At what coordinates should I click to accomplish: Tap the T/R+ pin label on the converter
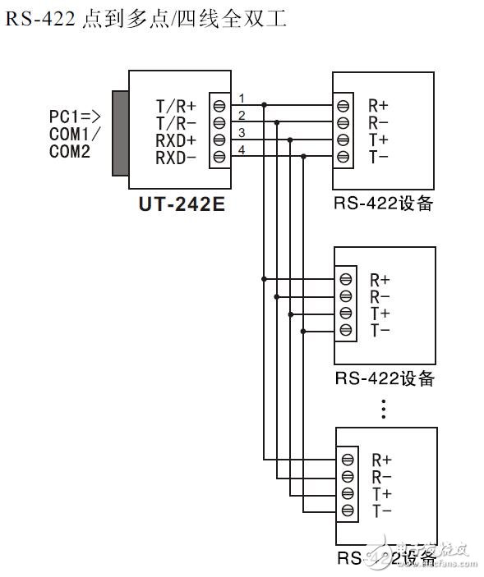click(176, 105)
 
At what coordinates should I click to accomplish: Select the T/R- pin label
click(176, 122)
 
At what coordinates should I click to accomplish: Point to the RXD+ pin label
click(176, 140)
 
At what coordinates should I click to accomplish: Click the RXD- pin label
click(176, 156)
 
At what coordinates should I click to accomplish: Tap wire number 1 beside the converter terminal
click(242, 98)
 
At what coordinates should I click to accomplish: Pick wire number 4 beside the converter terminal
click(242, 149)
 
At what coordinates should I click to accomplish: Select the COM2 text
click(70, 151)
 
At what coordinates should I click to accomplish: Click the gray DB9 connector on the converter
click(119, 134)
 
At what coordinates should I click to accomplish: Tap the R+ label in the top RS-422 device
click(379, 106)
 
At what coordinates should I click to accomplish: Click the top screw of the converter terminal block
click(219, 105)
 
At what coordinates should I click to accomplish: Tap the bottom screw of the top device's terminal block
click(343, 156)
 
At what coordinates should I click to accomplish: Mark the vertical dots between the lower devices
click(384, 409)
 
